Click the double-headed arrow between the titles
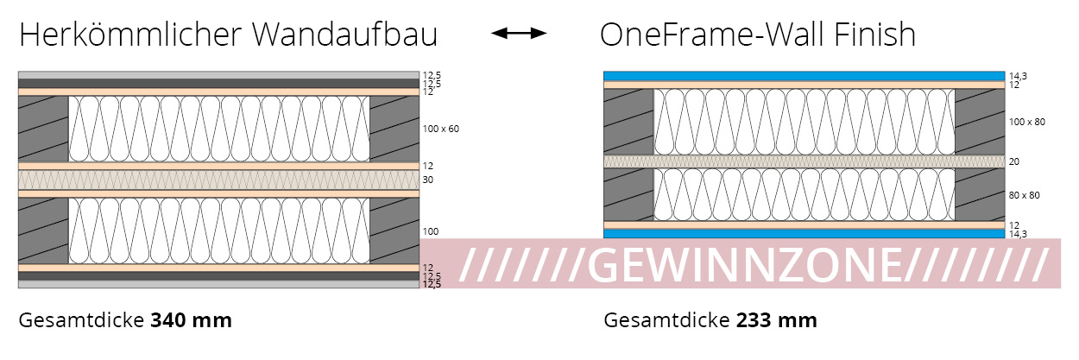pyautogui.click(x=519, y=34)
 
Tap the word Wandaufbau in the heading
pyautogui.click(x=345, y=35)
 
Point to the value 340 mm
pyautogui.click(x=191, y=321)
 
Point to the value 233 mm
pyautogui.click(x=776, y=321)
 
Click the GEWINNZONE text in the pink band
pyautogui.click(x=755, y=263)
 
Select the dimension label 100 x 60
pyautogui.click(x=440, y=129)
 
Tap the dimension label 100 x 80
pyautogui.click(x=1026, y=122)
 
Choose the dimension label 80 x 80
pyautogui.click(x=1024, y=195)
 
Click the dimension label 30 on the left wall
pyautogui.click(x=427, y=180)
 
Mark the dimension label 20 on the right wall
pyautogui.click(x=1013, y=161)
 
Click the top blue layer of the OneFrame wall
pyautogui.click(x=804, y=76)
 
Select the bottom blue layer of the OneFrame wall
pyautogui.click(x=804, y=234)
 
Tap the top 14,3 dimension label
pyautogui.click(x=1018, y=76)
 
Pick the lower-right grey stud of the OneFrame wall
pyautogui.click(x=980, y=195)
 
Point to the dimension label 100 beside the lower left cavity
pyautogui.click(x=431, y=231)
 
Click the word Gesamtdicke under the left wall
pyautogui.click(x=81, y=321)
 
